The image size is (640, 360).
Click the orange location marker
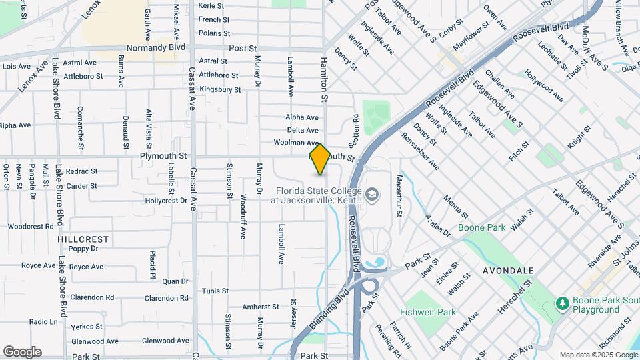320,159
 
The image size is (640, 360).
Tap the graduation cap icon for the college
372,195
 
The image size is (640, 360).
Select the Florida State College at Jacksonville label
317,194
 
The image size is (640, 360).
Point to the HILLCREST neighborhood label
83,239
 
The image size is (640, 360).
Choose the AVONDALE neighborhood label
509,271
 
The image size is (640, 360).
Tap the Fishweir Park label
427,312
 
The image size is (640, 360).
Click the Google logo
22,351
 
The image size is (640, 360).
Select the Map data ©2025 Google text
597,355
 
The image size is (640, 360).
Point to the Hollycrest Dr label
166,200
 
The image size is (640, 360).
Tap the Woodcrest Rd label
31,227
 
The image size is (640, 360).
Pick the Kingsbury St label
219,89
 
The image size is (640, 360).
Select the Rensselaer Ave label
420,149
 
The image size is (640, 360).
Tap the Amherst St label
260,307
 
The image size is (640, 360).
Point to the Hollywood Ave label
544,86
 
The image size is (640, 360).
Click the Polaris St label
214,33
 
